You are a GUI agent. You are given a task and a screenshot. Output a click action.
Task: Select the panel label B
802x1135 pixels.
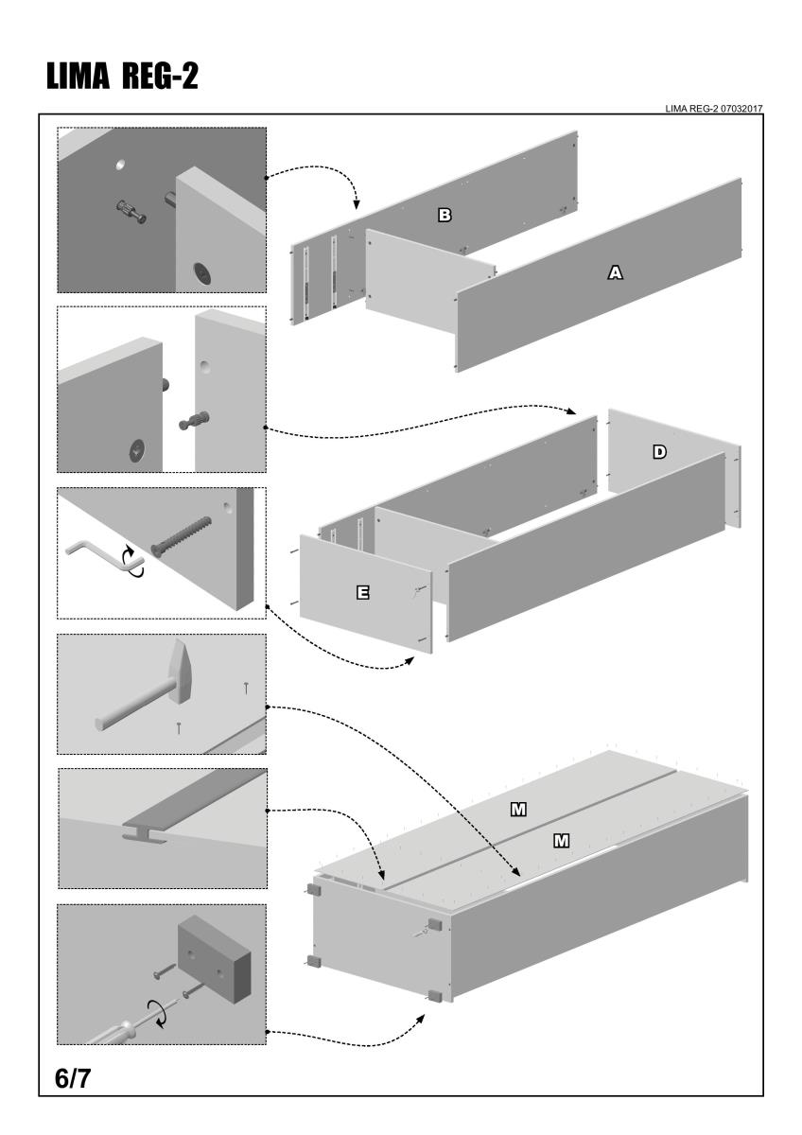tap(444, 216)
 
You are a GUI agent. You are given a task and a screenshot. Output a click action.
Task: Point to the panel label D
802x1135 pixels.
tap(659, 452)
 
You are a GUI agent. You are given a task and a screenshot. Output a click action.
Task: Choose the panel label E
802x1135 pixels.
tap(362, 593)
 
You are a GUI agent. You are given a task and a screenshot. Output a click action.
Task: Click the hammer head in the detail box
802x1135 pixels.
tap(186, 666)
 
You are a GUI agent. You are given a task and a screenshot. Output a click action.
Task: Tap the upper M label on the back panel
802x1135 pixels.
tap(518, 809)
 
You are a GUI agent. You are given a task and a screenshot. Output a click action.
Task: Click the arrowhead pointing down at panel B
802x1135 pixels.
tap(356, 205)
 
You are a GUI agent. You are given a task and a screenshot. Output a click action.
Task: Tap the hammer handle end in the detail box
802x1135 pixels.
tap(101, 724)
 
